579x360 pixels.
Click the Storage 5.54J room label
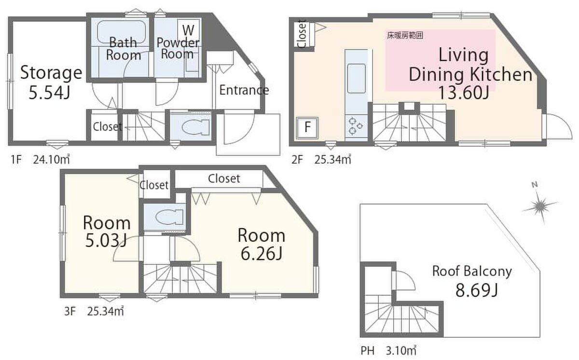pyautogui.click(x=51, y=82)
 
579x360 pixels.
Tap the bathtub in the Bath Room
pyautogui.click(x=121, y=32)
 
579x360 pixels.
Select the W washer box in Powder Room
pyautogui.click(x=188, y=29)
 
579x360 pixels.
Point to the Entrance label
pyautogui.click(x=244, y=90)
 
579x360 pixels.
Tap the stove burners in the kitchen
pyautogui.click(x=356, y=126)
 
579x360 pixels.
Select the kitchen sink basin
pyautogui.click(x=356, y=78)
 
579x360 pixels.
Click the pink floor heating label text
pyautogui.click(x=405, y=35)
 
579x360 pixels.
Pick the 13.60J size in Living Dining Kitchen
pyautogui.click(x=464, y=93)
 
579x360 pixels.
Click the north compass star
pyautogui.click(x=540, y=206)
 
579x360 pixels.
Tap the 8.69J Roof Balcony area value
pyautogui.click(x=477, y=290)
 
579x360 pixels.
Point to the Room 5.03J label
pyautogui.click(x=107, y=231)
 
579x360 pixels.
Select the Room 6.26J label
pyautogui.click(x=262, y=244)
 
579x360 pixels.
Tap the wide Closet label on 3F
pyautogui.click(x=224, y=179)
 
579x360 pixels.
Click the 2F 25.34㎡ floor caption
pyautogui.click(x=321, y=160)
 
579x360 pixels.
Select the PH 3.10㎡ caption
pyautogui.click(x=388, y=351)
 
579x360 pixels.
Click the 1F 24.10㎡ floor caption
pyautogui.click(x=40, y=159)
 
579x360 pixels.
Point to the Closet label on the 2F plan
pyautogui.click(x=302, y=34)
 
